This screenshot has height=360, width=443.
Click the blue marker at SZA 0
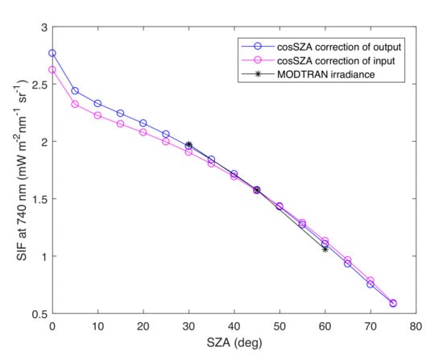[x=52, y=53]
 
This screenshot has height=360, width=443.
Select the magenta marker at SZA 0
[x=52, y=69]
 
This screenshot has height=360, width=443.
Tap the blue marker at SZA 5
[x=75, y=91]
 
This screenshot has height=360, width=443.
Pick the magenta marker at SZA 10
[x=97, y=115]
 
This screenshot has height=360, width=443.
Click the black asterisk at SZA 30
[x=188, y=144]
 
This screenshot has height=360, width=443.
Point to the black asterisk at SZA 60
[x=325, y=249]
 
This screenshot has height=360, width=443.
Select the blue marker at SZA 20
[x=143, y=123]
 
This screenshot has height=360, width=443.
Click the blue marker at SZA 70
[x=371, y=284]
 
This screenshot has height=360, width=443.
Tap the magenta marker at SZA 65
[x=348, y=260]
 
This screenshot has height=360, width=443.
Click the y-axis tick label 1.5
[x=39, y=199]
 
